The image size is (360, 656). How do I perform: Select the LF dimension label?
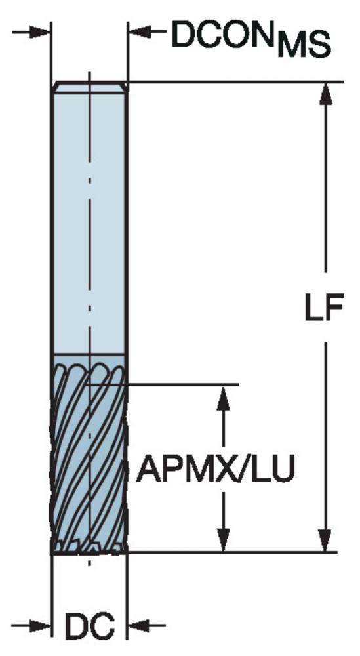[324, 308]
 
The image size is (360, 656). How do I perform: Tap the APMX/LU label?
[216, 469]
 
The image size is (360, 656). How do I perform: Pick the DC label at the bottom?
[89, 626]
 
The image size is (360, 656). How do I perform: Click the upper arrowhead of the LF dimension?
[326, 94]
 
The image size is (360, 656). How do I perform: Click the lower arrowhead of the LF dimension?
[326, 541]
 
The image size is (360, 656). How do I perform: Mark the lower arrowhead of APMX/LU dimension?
[224, 541]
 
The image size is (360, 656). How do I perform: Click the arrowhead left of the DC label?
[40, 626]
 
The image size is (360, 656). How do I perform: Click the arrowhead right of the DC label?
[138, 626]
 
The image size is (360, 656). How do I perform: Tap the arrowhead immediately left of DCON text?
[140, 31]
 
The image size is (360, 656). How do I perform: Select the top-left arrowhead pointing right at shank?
[39, 32]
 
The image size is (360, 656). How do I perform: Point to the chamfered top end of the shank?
[89, 86]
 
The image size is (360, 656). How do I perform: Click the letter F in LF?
[334, 308]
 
